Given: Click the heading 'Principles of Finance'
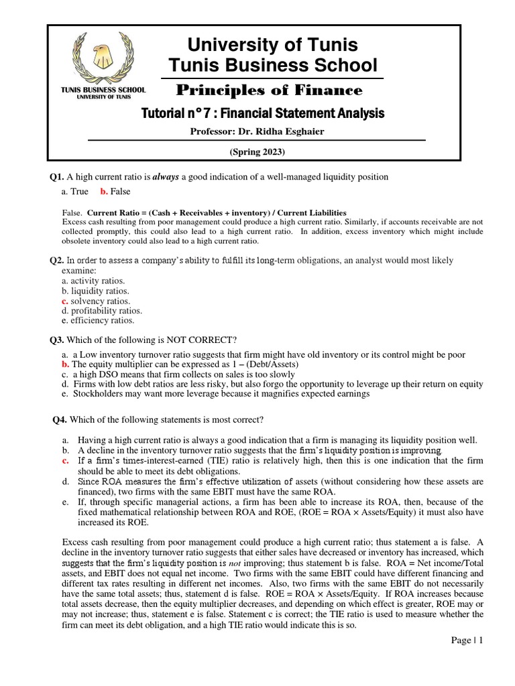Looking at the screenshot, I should [269, 90].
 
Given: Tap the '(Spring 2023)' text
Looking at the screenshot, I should [257, 152].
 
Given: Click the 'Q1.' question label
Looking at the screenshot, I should [56, 177].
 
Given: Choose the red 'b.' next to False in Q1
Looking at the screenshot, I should [104, 192].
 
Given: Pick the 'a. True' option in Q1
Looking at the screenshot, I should [74, 192].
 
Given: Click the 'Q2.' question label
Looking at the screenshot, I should [56, 260].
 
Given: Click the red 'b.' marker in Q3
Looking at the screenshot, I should [65, 364].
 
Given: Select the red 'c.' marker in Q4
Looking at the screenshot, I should [65, 461].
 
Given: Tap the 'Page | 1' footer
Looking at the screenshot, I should [467, 640].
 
